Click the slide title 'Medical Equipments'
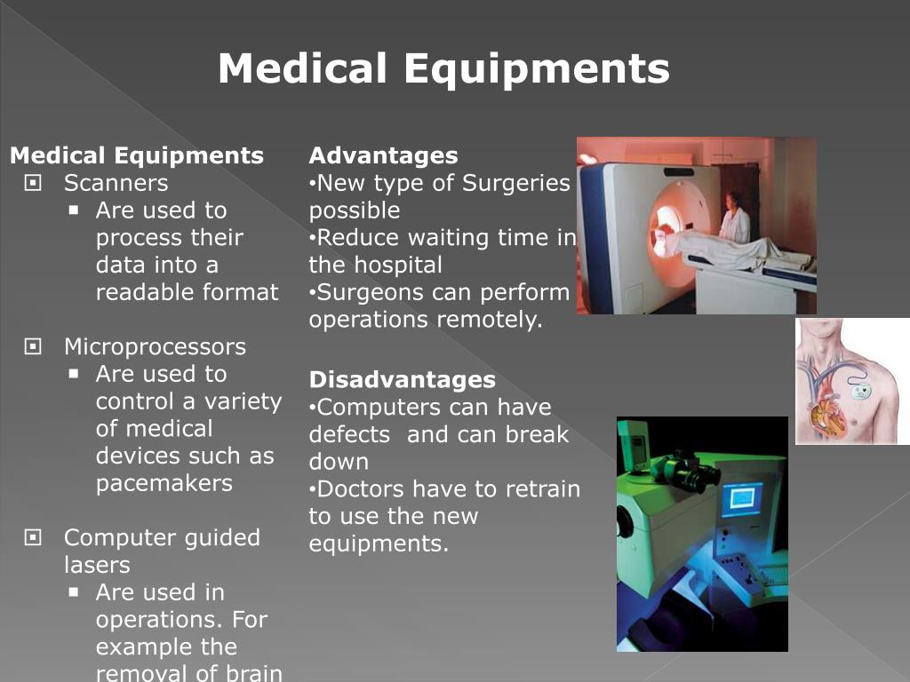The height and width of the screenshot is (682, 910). point(443,69)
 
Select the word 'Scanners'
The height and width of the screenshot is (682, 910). point(116,184)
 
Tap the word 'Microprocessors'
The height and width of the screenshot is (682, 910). point(155,347)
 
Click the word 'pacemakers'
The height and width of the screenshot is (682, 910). point(164,484)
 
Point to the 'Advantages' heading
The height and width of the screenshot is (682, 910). point(383,156)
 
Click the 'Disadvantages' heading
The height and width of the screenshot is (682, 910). point(402,380)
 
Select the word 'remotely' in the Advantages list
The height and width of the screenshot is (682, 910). point(489,321)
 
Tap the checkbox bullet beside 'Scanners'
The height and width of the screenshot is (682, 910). point(34,184)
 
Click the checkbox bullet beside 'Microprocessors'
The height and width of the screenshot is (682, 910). point(34,347)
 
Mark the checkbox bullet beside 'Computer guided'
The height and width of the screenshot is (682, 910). point(34,538)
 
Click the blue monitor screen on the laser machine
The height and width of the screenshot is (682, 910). point(741,499)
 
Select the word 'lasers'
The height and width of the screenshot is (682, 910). point(97,566)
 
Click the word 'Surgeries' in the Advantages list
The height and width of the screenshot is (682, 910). point(516,184)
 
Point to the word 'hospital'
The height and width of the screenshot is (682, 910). point(397,266)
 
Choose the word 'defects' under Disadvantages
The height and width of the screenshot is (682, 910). point(349,435)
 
